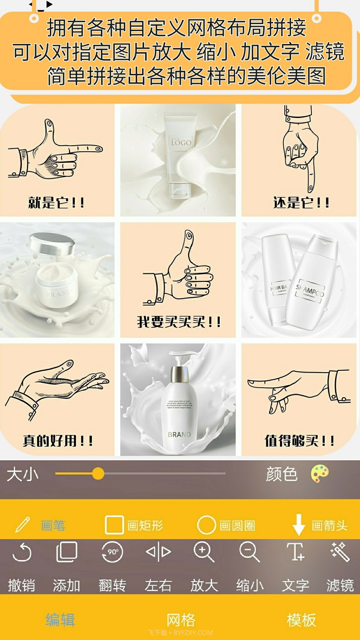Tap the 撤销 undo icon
click(22, 552)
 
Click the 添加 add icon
click(67, 552)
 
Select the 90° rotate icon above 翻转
click(112, 552)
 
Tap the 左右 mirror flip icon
click(158, 552)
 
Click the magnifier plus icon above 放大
click(204, 552)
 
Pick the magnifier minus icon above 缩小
click(249, 552)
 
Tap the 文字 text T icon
click(295, 552)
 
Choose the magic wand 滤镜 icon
click(340, 552)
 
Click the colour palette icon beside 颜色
click(320, 474)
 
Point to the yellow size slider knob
click(98, 473)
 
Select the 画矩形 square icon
click(114, 525)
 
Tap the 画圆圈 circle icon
click(206, 525)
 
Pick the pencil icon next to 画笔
click(23, 525)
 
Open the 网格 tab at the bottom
click(181, 620)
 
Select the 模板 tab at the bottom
click(301, 620)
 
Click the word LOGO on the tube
click(181, 143)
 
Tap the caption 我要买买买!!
click(179, 322)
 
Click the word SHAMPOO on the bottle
click(310, 291)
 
